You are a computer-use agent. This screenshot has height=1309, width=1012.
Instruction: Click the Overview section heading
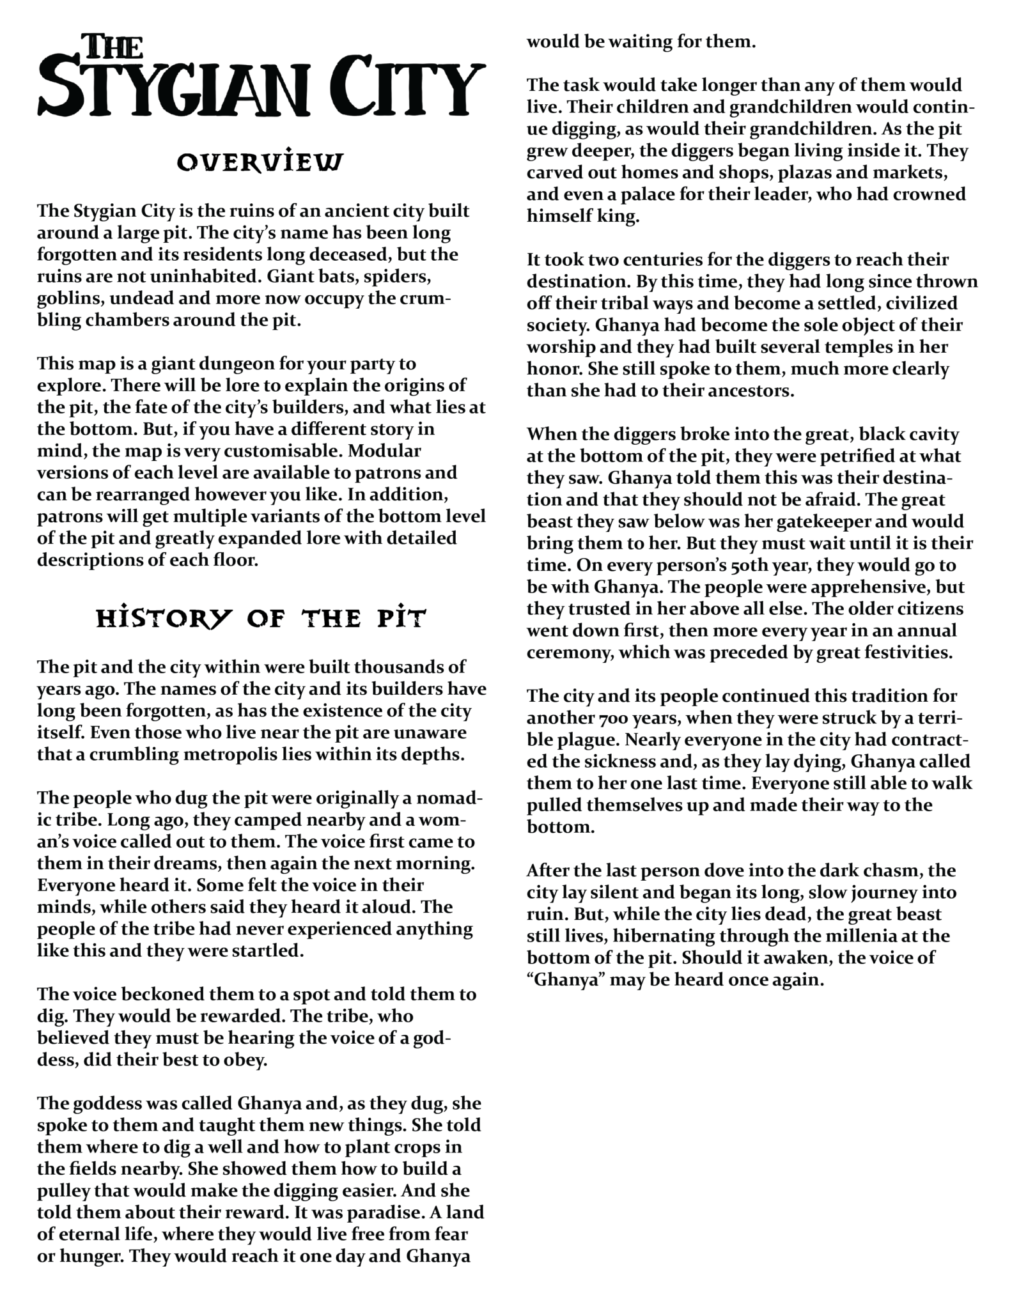[260, 162]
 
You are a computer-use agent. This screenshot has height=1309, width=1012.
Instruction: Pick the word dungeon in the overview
[210, 364]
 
